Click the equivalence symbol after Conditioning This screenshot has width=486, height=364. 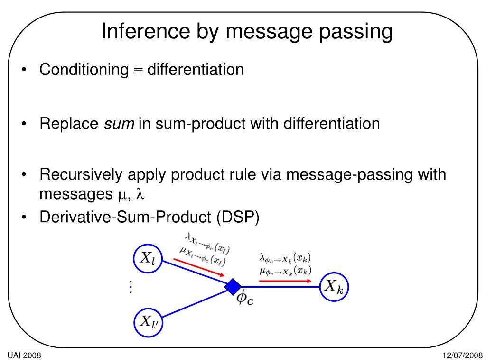point(138,71)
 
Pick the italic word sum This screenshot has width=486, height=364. point(119,124)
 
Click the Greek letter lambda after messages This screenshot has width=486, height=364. point(140,194)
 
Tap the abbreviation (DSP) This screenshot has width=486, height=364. point(238,217)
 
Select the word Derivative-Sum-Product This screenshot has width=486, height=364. point(125,217)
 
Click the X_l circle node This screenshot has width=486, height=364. point(148,258)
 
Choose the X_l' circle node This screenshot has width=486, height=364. point(148,322)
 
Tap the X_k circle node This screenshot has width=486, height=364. point(334,287)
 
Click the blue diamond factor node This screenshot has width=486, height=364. point(233,287)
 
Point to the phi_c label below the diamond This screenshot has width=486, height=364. point(245,298)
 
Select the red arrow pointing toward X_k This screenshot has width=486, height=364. point(285,281)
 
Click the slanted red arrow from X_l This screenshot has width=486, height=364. point(199,267)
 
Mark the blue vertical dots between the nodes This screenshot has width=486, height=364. point(131,287)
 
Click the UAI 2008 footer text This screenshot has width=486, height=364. point(24,355)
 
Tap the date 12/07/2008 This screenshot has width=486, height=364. point(462,355)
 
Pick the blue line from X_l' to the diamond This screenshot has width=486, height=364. point(195,304)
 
